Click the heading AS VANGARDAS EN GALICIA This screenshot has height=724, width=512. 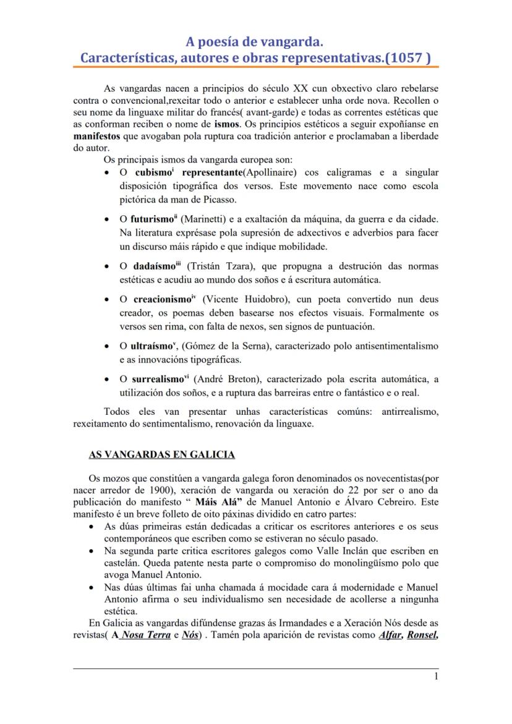161,454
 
